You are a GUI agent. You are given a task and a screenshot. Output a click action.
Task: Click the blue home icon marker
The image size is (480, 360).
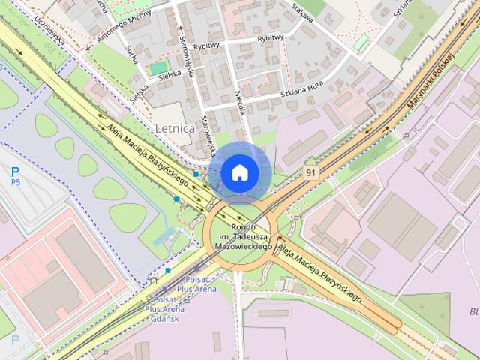[239, 172]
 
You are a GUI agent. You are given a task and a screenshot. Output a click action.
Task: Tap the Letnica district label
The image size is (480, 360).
[175, 128]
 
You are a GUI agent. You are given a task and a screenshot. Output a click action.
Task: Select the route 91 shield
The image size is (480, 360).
[310, 172]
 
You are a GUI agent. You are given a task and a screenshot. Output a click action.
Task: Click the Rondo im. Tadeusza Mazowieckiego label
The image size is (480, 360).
[241, 236]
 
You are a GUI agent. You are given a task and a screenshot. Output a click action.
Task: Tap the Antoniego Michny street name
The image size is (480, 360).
[120, 26]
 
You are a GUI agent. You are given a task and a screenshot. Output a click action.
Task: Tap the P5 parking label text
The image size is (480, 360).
[15, 182]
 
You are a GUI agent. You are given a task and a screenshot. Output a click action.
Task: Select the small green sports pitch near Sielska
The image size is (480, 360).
[158, 68]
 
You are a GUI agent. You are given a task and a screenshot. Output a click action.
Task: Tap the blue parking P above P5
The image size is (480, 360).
[15, 172]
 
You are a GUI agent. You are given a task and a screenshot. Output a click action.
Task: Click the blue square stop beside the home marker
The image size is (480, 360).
[196, 174]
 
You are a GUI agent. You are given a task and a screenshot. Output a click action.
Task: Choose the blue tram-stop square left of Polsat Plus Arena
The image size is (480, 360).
[168, 270]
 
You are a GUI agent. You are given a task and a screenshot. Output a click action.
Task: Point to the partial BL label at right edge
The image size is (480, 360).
[473, 311]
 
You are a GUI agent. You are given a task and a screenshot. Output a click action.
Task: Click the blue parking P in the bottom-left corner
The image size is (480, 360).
[14, 340]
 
